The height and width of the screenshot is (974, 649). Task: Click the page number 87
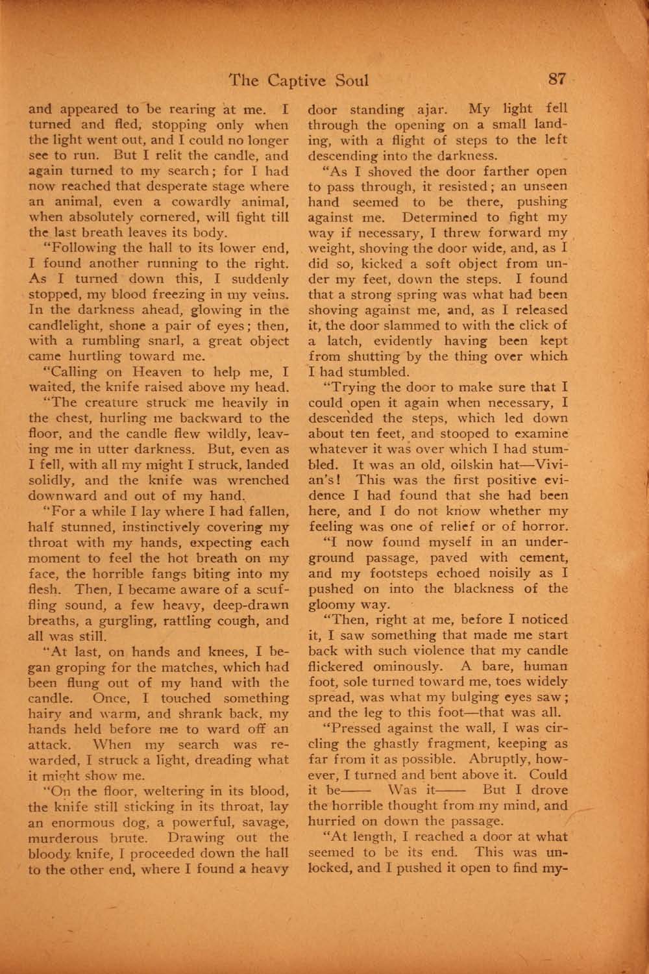click(557, 79)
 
